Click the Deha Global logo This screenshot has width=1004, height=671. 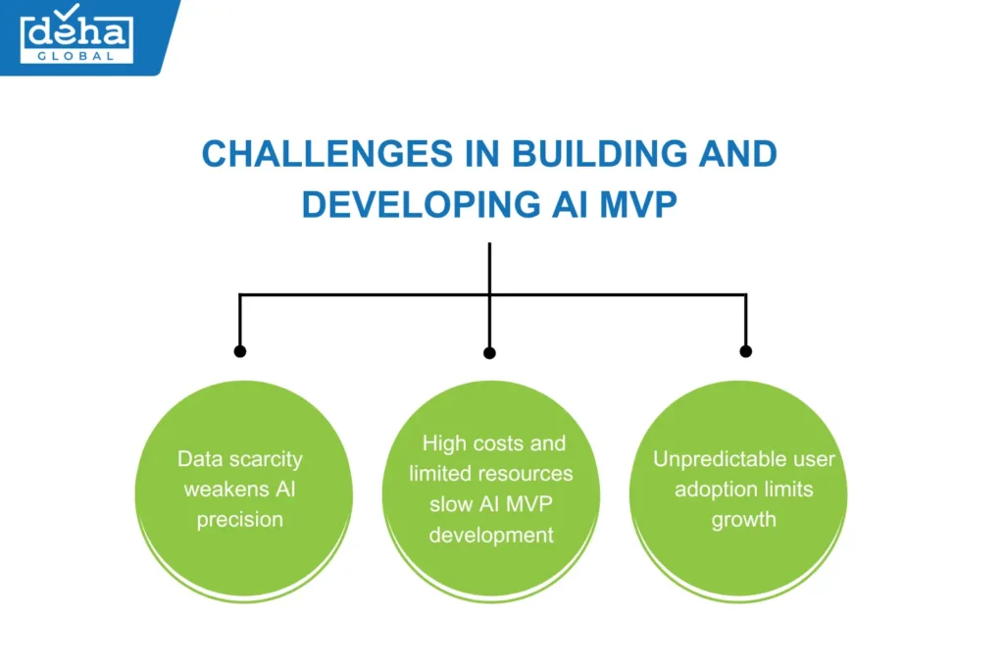pyautogui.click(x=76, y=36)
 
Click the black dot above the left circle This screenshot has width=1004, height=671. pyautogui.click(x=240, y=350)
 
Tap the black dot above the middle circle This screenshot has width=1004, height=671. pyautogui.click(x=490, y=352)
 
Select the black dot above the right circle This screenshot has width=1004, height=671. pyautogui.click(x=745, y=350)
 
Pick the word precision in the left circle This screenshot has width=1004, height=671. pyautogui.click(x=240, y=520)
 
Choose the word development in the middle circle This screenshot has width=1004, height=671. pyautogui.click(x=491, y=536)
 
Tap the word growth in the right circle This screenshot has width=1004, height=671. pyautogui.click(x=743, y=520)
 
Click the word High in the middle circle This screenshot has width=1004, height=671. pyautogui.click(x=443, y=443)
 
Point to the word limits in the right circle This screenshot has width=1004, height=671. pyautogui.click(x=789, y=490)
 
